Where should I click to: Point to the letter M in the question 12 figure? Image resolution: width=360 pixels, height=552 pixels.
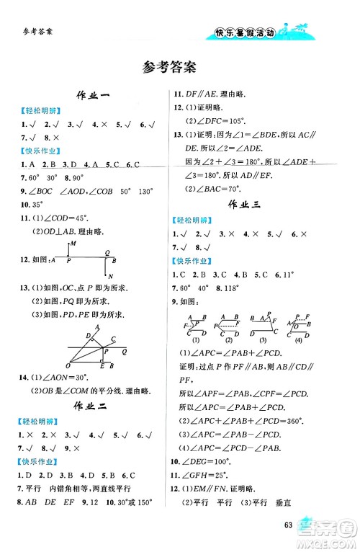click(x=73, y=244)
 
